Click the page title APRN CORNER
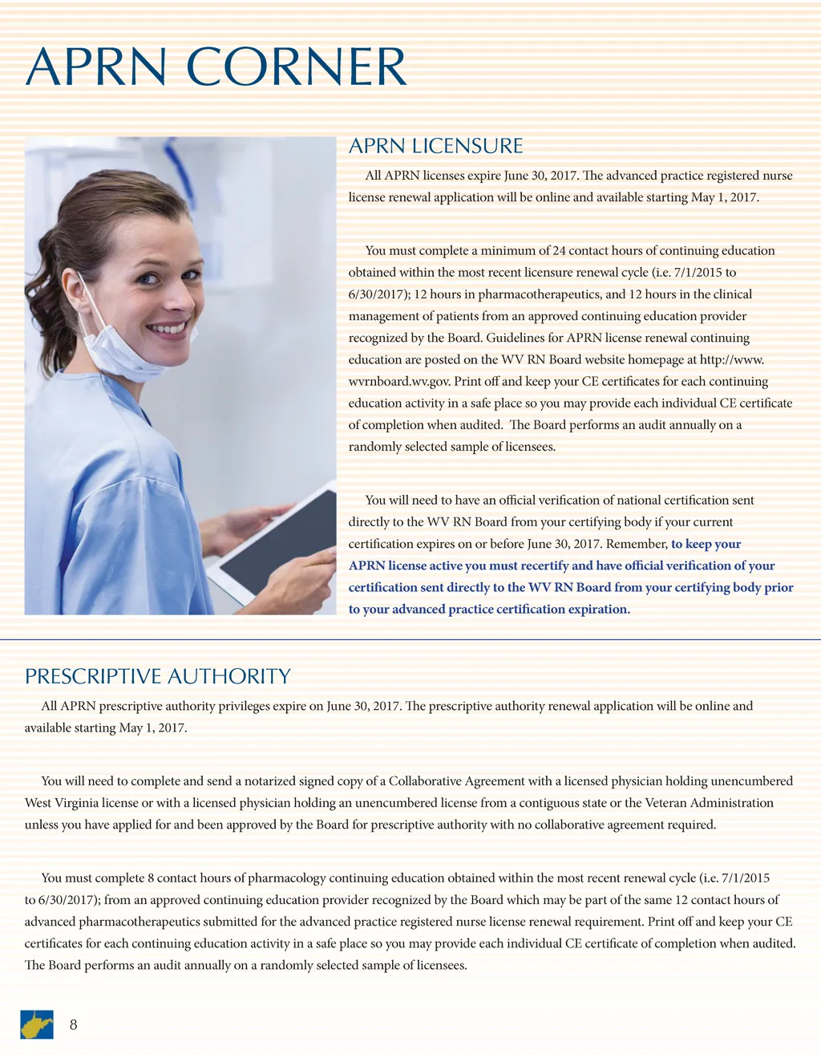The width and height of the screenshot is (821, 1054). coord(216,67)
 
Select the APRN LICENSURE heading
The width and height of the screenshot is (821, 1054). coord(435,146)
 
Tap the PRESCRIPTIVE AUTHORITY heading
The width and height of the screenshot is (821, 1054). coord(157,676)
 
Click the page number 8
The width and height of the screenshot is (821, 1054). coord(74,1024)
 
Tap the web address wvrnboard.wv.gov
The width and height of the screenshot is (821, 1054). coord(399,382)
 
